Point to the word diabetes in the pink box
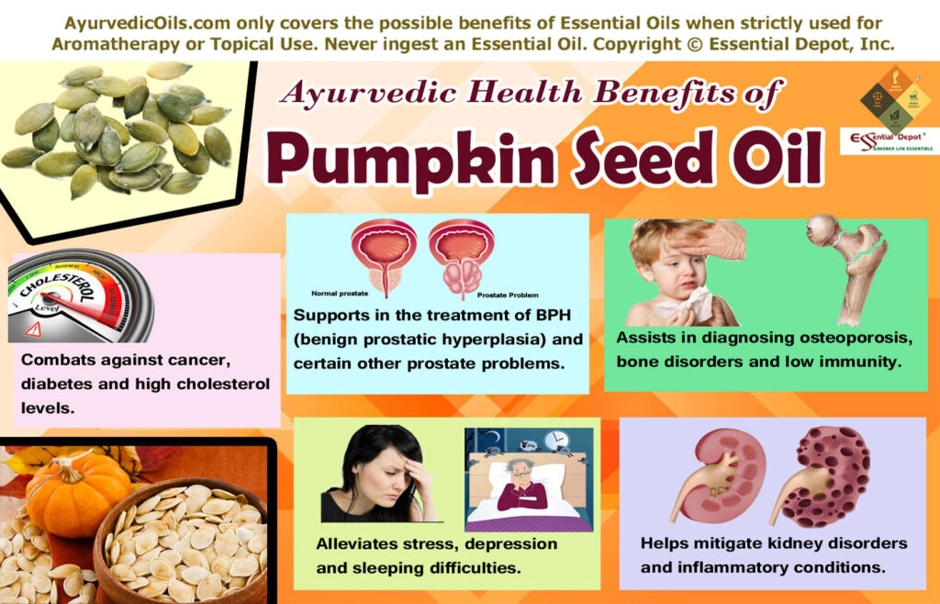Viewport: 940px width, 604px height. pos(60,384)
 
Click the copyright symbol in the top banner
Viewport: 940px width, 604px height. pos(700,42)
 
